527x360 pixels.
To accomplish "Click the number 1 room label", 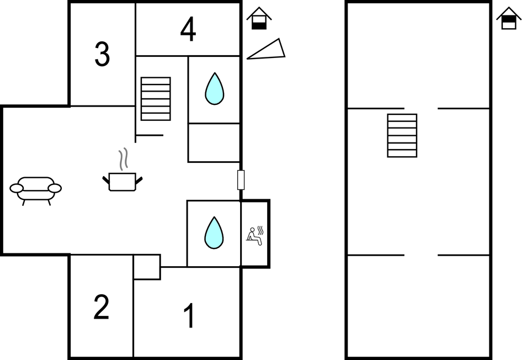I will click(x=189, y=316).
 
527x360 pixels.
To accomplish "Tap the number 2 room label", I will click(x=101, y=308).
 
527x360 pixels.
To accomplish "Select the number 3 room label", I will click(x=102, y=55).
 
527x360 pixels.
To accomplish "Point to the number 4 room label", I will click(x=188, y=30).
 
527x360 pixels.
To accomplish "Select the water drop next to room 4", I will click(x=214, y=89).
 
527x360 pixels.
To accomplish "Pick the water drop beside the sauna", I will click(x=214, y=232).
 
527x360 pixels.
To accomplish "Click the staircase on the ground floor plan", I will click(x=156, y=98).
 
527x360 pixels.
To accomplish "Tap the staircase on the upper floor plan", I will click(x=402, y=135).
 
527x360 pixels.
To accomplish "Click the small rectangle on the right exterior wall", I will click(x=241, y=180).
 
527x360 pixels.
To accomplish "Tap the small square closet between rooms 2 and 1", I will click(x=147, y=267).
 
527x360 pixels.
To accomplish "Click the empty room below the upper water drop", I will click(x=214, y=142).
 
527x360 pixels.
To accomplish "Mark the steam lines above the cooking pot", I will click(x=126, y=158).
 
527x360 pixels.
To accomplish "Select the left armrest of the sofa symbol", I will click(x=17, y=188).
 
